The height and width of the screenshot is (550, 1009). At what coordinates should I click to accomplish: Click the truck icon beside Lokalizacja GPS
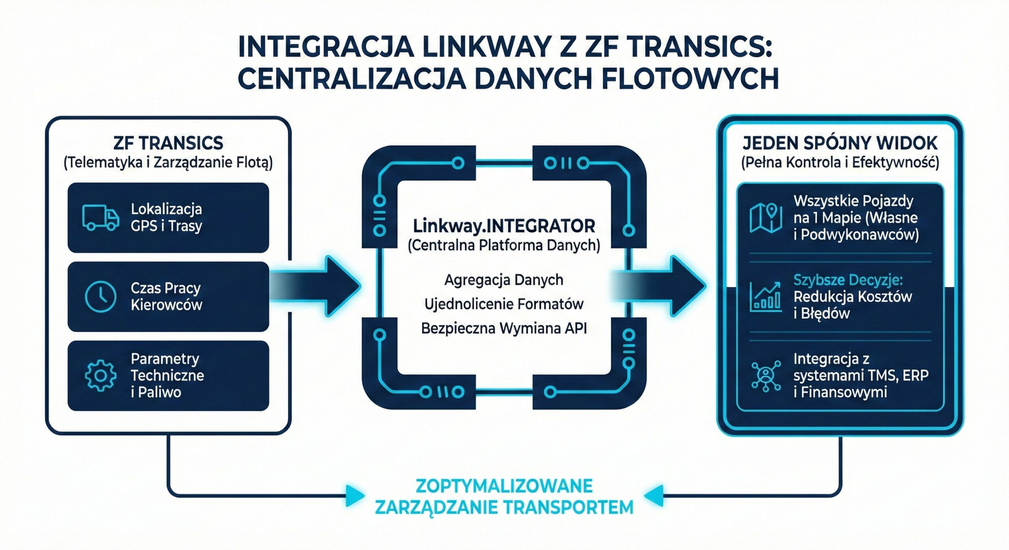coord(101,217)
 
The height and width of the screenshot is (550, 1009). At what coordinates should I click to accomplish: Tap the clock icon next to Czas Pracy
coord(101,296)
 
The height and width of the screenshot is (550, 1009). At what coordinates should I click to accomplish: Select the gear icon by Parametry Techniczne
coord(101,375)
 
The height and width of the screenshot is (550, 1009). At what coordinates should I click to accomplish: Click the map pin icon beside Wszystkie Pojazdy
coord(765,218)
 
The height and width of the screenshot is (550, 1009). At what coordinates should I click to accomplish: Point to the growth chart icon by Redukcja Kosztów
coord(765,297)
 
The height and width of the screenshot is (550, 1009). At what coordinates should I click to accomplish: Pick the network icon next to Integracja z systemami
coord(765,375)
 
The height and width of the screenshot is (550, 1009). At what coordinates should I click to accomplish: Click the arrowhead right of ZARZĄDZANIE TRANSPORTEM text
coord(653,496)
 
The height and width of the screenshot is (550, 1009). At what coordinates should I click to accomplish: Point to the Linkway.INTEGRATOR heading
coord(504,226)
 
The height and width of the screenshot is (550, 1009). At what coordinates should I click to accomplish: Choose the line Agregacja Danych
coord(504,280)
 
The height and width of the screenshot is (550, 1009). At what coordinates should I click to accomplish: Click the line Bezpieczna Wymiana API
coord(504,328)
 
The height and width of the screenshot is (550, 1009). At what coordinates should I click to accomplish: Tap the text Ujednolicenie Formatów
coord(504,304)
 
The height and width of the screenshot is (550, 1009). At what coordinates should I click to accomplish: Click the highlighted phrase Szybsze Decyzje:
coord(848,280)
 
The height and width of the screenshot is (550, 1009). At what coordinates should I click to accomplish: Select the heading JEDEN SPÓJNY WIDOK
coord(840,143)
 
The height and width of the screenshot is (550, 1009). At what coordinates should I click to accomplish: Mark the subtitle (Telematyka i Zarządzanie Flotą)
coord(168,162)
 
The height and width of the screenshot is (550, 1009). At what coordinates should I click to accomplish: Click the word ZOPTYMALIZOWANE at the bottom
coord(504,486)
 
